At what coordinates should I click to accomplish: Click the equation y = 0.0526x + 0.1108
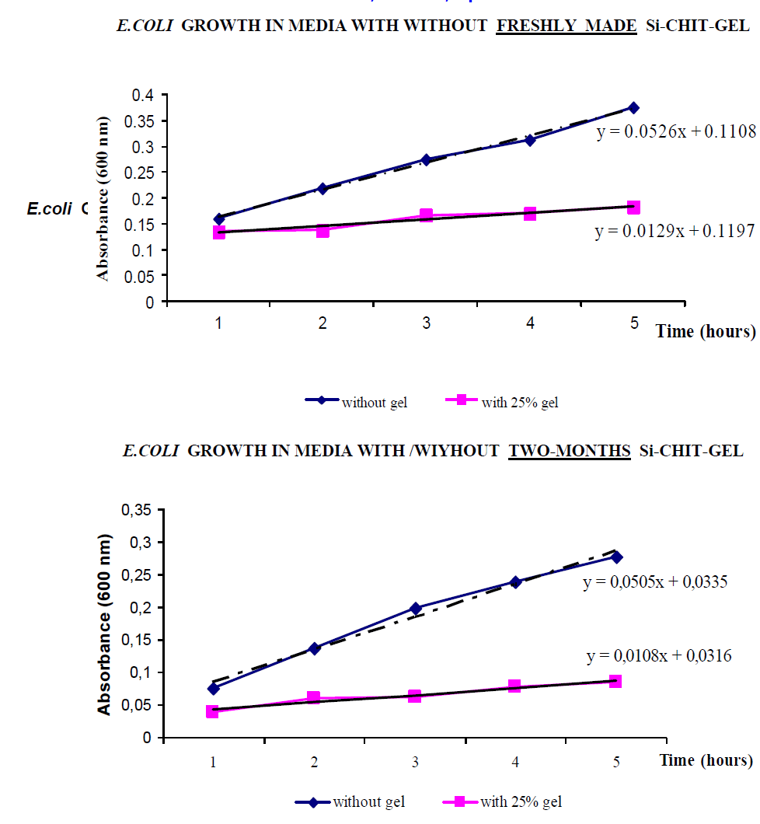click(676, 132)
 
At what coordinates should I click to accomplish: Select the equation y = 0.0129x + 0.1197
click(675, 232)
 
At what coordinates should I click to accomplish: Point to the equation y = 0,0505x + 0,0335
click(655, 582)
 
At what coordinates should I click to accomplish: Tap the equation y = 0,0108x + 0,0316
click(659, 656)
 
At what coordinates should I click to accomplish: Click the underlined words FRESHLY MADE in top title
click(567, 26)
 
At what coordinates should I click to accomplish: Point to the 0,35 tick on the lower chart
click(138, 510)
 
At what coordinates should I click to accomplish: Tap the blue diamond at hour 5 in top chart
click(633, 107)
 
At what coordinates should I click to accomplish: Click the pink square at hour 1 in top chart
click(219, 232)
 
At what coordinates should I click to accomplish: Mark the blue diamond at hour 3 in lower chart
click(415, 608)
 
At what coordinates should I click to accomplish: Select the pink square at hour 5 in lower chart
click(615, 681)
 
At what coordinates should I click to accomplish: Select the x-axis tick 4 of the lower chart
click(515, 763)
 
